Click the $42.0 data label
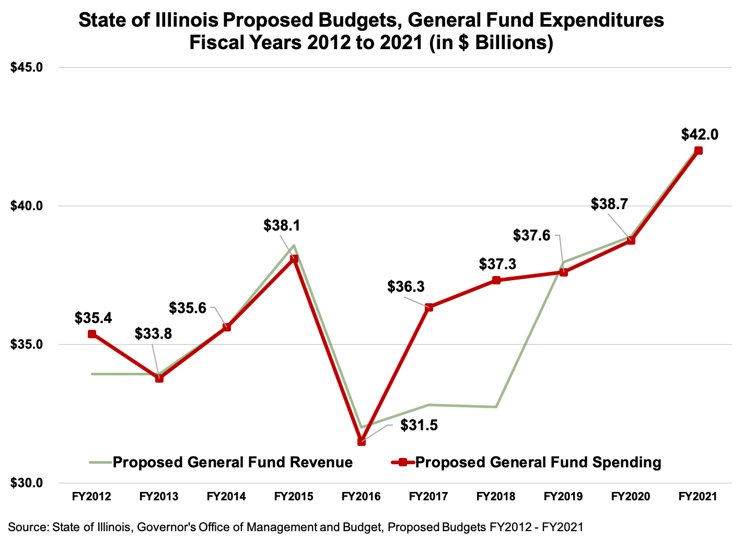[700, 134]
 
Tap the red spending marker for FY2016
[361, 442]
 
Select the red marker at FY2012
[92, 334]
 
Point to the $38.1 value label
[282, 226]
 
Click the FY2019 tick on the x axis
[563, 496]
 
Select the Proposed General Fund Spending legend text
[538, 462]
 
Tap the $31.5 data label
[419, 425]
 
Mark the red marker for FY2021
[699, 151]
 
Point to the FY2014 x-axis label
[226, 496]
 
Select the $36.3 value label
[406, 286]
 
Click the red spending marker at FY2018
[496, 280]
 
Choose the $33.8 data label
[153, 334]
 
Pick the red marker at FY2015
[294, 259]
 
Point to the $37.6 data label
[532, 236]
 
